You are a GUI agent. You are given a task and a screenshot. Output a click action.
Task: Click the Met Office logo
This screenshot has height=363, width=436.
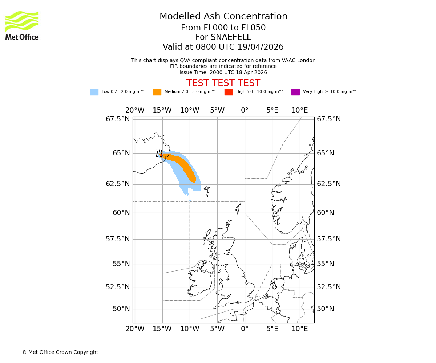click(x=22, y=25)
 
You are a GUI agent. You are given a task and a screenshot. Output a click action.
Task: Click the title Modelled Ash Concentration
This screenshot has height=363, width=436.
click(x=223, y=17)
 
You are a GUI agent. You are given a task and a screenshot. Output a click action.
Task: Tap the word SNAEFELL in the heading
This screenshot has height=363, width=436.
click(x=223, y=37)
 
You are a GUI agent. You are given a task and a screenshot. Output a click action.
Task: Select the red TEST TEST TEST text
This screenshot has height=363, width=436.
click(x=223, y=83)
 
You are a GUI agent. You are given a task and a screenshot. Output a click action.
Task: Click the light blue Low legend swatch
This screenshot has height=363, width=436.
click(x=94, y=92)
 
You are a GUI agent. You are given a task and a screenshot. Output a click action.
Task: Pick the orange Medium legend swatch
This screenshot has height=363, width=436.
click(x=157, y=92)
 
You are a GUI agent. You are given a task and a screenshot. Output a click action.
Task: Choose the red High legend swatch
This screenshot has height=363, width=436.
click(x=229, y=92)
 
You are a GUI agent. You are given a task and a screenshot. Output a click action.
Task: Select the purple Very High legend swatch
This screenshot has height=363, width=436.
click(x=295, y=92)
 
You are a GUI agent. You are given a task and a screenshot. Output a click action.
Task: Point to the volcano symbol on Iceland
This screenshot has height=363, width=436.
click(x=159, y=154)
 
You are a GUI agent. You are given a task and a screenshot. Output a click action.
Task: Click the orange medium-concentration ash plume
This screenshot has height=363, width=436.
click(x=185, y=165)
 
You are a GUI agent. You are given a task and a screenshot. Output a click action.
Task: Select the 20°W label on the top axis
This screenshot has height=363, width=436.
click(x=135, y=110)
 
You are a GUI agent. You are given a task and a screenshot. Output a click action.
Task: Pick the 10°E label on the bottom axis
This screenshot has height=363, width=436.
click(x=300, y=329)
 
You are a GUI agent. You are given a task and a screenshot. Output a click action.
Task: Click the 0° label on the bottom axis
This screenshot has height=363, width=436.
click(x=245, y=329)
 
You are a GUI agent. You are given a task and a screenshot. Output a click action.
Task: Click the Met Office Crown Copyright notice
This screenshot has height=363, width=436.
click(x=60, y=352)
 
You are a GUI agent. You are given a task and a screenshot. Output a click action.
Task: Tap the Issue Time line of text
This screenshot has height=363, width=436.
click(x=223, y=72)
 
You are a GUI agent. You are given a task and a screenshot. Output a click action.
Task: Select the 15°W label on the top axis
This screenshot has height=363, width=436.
click(x=162, y=110)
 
